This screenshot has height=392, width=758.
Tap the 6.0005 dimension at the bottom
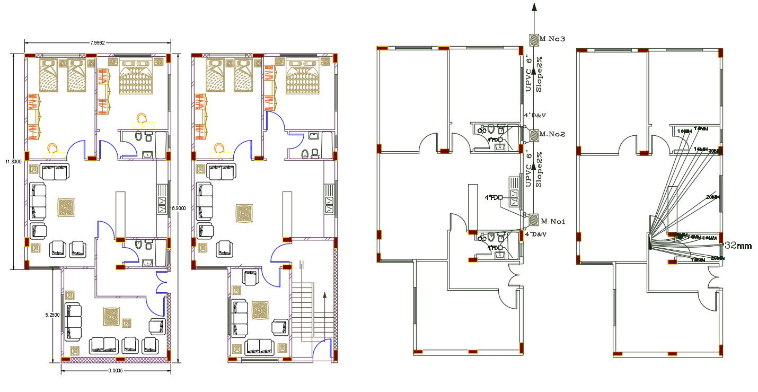coord(116,371)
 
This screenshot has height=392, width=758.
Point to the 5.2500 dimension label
coord(52,315)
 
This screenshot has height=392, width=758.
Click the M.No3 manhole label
coord(553,39)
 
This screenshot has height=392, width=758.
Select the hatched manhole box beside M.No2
coord(533,134)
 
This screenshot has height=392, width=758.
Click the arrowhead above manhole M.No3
coord(534,7)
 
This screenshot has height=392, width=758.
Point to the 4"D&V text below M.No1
coord(535,234)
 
